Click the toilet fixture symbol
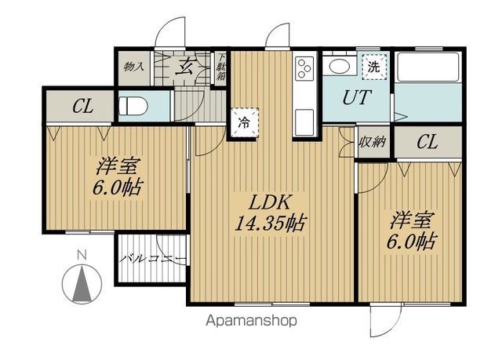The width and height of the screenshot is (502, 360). tap(133, 106)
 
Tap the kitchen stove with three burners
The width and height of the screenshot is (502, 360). tap(304, 67)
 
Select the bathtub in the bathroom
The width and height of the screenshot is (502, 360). tap(428, 67)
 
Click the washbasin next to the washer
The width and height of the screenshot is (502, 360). tap(340, 66)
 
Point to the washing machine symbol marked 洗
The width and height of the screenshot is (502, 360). tap(374, 67)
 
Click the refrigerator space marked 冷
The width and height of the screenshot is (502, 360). tap(245, 122)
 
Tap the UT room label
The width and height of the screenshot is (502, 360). tap(357, 97)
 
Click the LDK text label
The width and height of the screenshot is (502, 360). tap(270, 202)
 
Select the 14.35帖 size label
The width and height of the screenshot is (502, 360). tap(270, 223)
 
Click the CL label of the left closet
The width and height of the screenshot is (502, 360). tap(83, 106)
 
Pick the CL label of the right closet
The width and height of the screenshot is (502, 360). tap(427, 141)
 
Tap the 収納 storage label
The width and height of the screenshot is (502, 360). tap(373, 141)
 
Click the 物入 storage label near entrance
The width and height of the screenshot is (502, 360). tap(134, 67)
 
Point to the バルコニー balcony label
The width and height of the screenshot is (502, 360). tap(152, 259)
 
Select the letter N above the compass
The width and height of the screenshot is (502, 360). tap(82, 255)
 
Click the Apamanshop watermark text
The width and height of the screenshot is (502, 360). tap(251, 320)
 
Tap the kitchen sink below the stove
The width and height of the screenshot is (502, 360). tap(304, 122)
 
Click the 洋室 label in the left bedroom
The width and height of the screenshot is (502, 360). tap(118, 166)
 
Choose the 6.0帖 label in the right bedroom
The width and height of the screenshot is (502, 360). tap(411, 242)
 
